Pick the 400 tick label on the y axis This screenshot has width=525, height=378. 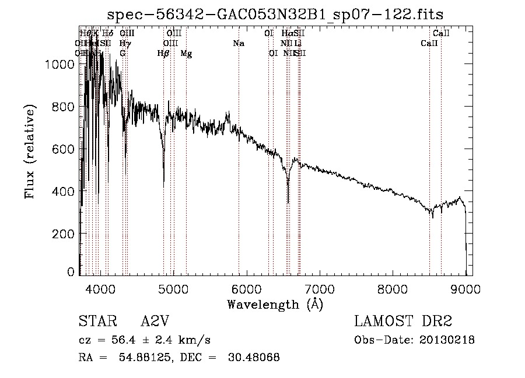coord(63,191)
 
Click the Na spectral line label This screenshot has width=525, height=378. coord(238,44)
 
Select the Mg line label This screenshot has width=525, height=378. coord(186,54)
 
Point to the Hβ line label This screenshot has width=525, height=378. coord(163,54)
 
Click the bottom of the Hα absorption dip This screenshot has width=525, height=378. coord(288,202)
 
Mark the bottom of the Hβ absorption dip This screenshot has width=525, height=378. coord(164,185)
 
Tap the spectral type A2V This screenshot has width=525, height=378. coord(155,322)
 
